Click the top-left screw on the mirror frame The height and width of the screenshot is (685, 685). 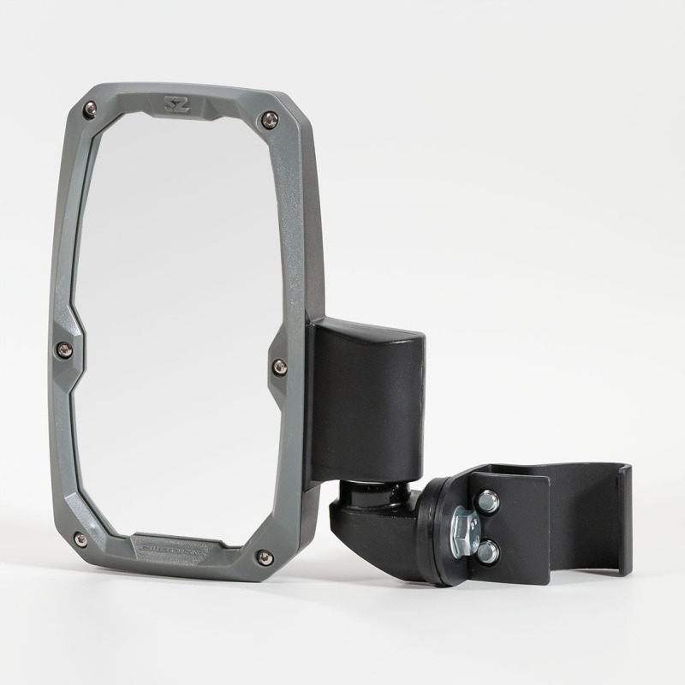(90, 107)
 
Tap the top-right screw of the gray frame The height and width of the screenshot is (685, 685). (271, 120)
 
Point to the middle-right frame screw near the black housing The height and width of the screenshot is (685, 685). (279, 366)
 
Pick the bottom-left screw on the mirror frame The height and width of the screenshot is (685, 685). (80, 540)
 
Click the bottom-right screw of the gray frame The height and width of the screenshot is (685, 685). (265, 557)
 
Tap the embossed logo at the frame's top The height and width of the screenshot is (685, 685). (176, 104)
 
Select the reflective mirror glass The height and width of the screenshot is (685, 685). (171, 325)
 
